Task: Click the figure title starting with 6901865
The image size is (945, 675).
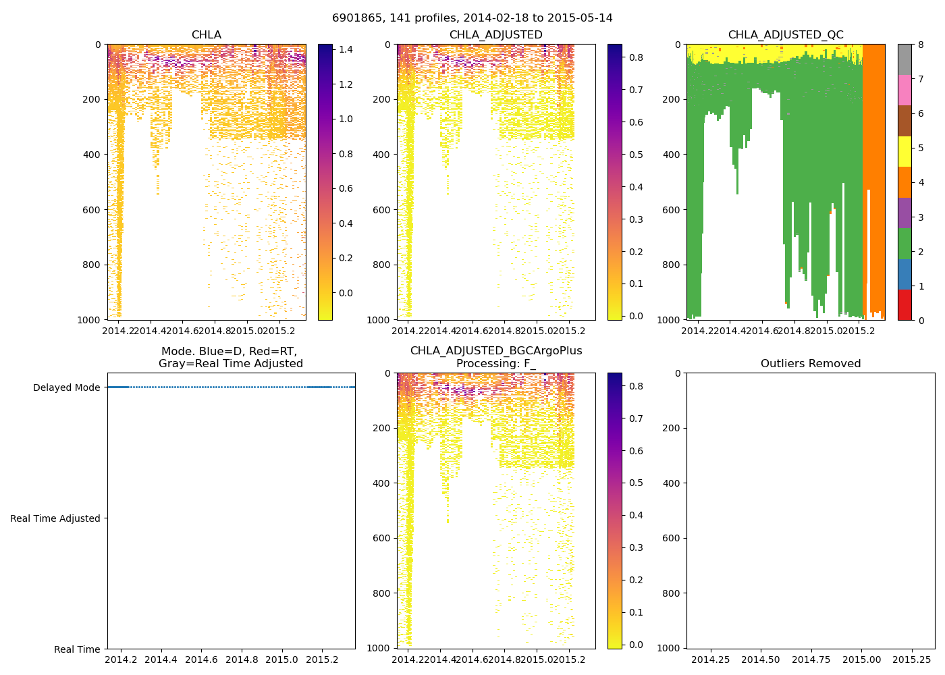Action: pos(473,18)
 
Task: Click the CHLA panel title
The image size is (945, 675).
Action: pos(206,35)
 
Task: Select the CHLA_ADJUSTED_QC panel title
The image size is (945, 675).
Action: pos(786,35)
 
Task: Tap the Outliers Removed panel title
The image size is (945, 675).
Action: pos(811,364)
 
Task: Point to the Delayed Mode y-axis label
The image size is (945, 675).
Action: pos(66,387)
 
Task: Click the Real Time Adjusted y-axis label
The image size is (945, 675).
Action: pos(55,518)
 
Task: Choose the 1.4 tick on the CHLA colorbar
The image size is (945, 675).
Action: pos(346,49)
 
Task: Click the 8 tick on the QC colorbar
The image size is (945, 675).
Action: pos(919,45)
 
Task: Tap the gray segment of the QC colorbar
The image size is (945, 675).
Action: pos(905,59)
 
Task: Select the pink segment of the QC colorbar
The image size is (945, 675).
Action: pos(905,90)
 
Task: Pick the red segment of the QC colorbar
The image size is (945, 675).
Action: pos(905,304)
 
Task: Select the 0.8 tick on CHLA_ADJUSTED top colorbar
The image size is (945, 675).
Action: pos(637,58)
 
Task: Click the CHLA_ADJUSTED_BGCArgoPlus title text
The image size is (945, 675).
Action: pos(496,351)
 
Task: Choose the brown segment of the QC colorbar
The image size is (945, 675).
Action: pos(905,121)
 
